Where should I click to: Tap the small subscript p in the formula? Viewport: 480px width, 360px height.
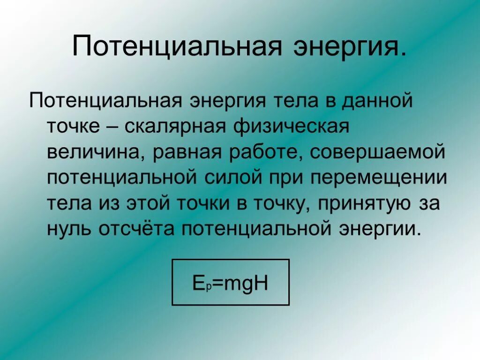[x=205, y=286]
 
